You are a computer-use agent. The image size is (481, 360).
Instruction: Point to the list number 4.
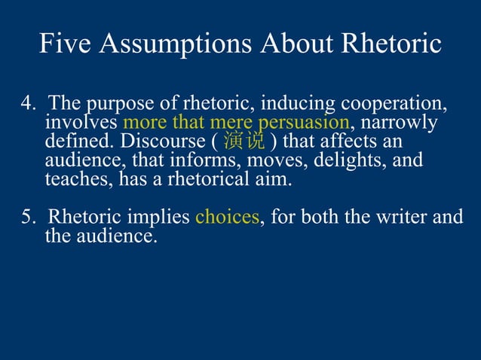25,103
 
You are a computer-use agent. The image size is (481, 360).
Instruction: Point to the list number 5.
26,218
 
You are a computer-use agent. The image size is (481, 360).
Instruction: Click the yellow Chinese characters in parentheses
244,142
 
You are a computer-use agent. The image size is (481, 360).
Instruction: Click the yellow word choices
227,218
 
